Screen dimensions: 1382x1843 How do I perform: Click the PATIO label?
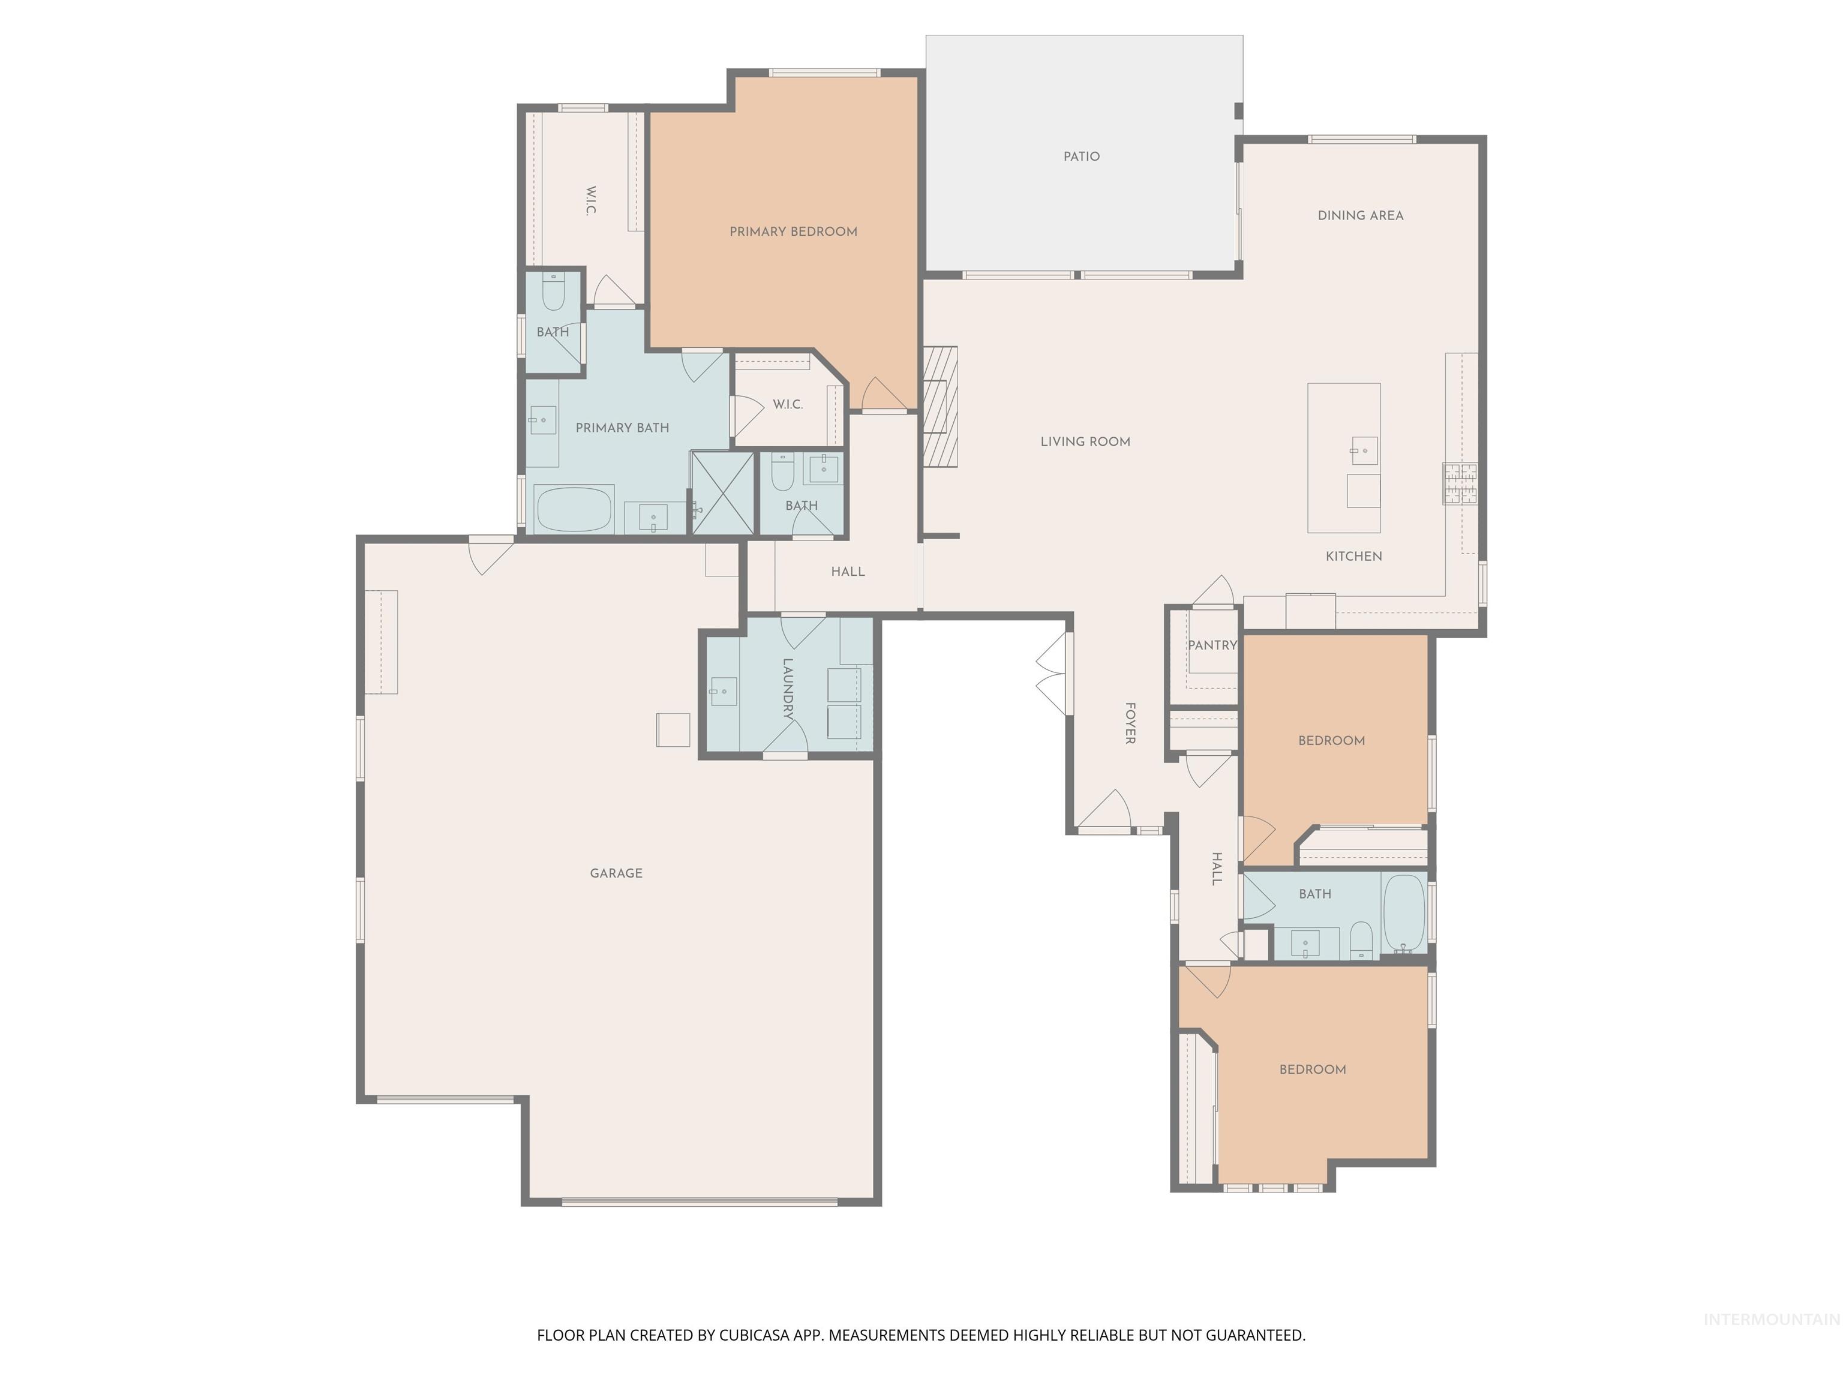1082,157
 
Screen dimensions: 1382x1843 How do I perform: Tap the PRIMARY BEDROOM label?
793,232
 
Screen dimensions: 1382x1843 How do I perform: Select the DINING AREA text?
1360,216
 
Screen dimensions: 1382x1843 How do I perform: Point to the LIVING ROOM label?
1085,441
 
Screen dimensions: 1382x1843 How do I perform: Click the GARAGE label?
616,873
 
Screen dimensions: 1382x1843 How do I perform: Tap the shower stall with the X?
722,493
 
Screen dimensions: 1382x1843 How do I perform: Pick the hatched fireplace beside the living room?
940,407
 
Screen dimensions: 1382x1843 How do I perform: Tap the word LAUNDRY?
787,689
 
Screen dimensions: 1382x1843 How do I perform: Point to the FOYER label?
1130,723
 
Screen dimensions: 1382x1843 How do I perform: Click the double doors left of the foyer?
1052,673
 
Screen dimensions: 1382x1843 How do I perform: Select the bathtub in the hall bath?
1404,912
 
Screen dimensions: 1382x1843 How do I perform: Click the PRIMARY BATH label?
622,427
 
